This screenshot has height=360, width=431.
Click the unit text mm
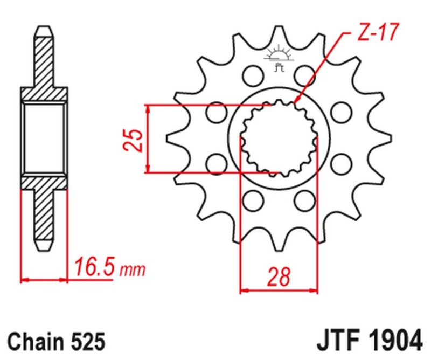tap(132, 268)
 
